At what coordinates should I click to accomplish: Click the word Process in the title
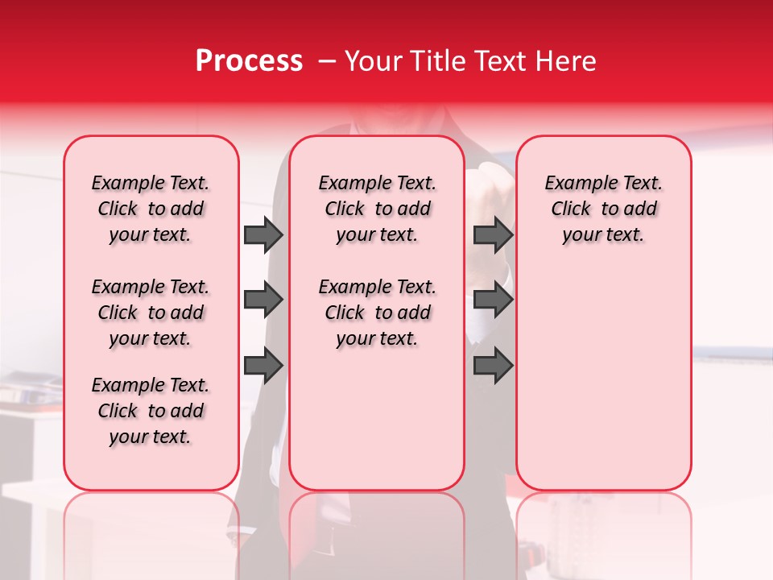[x=249, y=61]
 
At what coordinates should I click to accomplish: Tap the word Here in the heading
[x=565, y=61]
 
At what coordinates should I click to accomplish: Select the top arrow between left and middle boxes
[x=263, y=234]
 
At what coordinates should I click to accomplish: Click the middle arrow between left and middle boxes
[x=263, y=300]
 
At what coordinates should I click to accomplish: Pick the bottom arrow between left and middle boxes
[x=263, y=365]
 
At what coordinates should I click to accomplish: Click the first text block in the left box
[x=151, y=209]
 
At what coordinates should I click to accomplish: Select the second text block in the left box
[x=151, y=313]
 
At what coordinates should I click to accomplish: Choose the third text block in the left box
[x=151, y=411]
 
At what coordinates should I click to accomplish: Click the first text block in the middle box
[x=377, y=209]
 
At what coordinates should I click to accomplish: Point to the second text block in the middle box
[x=377, y=313]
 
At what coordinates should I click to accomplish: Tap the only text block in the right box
[x=603, y=209]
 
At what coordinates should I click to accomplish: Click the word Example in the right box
[x=576, y=184]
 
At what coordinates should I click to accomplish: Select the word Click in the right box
[x=571, y=209]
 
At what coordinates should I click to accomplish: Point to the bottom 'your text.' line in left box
[x=151, y=437]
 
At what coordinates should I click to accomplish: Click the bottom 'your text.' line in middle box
[x=377, y=338]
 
